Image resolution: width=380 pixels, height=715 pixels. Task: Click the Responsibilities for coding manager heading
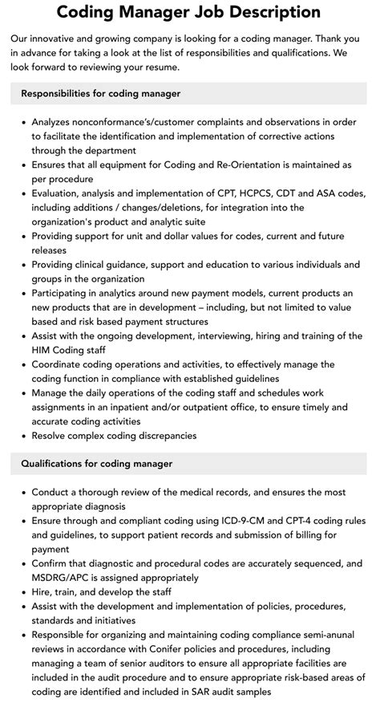100,94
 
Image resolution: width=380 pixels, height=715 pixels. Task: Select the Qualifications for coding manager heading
96,464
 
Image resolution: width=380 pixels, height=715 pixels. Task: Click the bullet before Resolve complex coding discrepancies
22,436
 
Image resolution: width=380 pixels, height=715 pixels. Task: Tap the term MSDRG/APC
63,578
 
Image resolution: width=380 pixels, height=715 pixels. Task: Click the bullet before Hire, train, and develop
22,592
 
